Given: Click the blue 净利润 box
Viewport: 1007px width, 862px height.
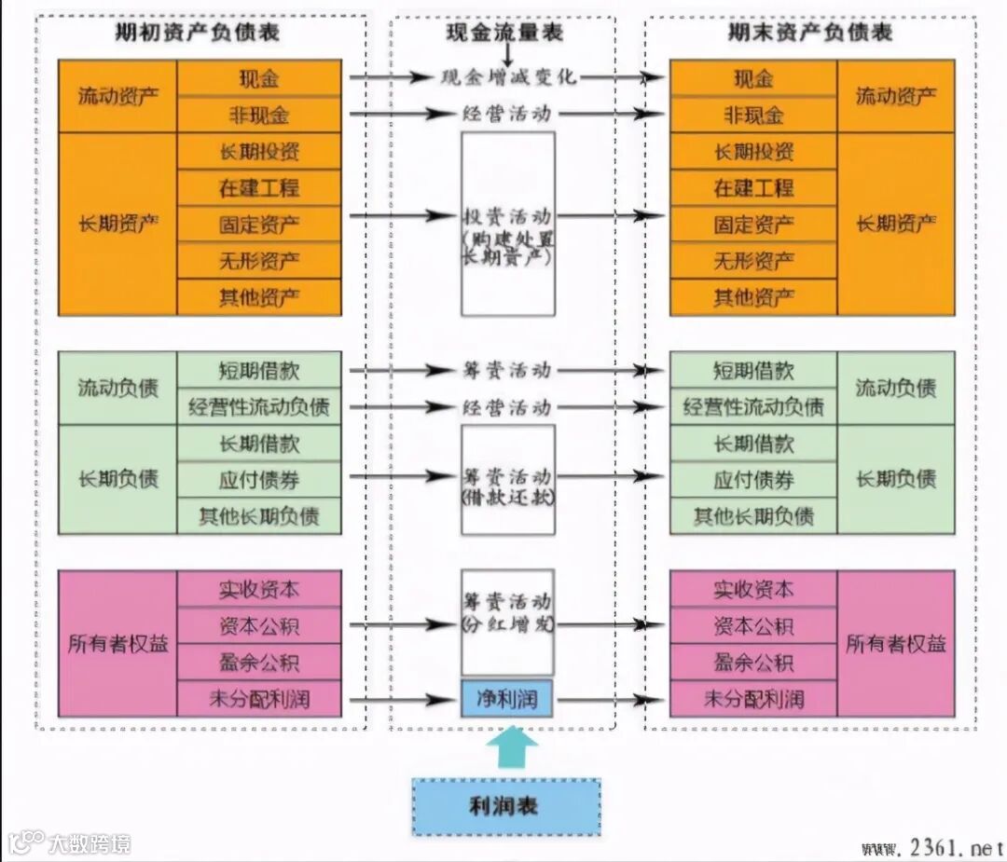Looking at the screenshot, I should point(507,699).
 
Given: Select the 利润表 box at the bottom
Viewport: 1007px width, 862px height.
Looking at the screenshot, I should point(506,806).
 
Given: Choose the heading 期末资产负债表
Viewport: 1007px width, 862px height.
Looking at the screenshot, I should point(810,33).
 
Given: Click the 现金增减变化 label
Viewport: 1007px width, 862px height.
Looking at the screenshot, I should point(508,76).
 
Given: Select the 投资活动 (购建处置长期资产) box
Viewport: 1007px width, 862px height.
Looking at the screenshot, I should point(508,224).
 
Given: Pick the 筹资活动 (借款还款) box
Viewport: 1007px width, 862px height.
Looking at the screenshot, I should point(508,479).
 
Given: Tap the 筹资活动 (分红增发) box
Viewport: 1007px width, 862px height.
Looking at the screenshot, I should point(508,622).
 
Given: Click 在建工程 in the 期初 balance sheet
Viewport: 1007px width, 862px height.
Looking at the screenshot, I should point(259,187).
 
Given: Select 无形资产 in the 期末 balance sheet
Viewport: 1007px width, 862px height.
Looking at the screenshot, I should point(753,261).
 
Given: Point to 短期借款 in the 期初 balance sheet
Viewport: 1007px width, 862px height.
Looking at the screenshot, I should point(259,369).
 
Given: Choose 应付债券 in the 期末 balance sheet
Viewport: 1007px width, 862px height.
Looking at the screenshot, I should point(753,480).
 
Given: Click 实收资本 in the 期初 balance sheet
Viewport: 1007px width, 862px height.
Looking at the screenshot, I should point(259,589).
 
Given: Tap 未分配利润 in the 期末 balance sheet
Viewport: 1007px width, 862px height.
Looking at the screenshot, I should point(753,699).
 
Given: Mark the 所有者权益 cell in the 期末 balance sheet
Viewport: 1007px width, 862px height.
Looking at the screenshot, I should point(895,644).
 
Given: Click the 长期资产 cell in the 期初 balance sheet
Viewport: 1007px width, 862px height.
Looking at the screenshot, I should point(117,224).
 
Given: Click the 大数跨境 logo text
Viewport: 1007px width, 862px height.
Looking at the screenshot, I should point(90,844).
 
